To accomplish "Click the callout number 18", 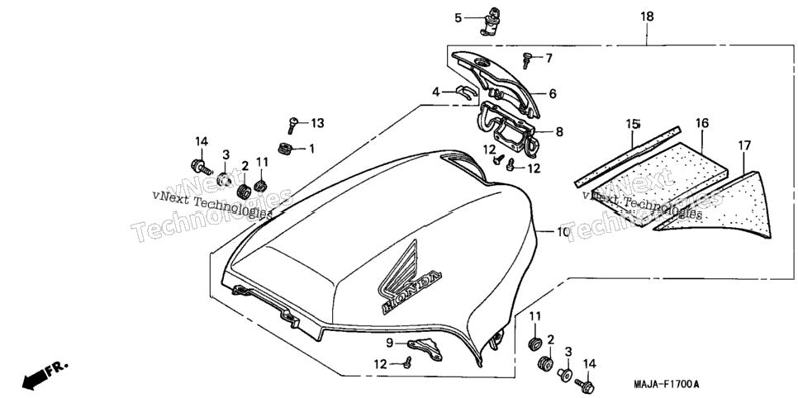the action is coord(647,17).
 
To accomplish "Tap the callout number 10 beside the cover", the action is coord(563,233).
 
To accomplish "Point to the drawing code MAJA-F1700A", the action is coord(666,383).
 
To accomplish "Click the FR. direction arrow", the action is coord(45,375).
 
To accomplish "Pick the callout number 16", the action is coord(702,123).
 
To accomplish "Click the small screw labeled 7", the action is coord(527,59).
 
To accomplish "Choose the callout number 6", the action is coord(553,93).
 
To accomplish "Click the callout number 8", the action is coord(560,132).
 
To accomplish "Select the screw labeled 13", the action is coord(292,125).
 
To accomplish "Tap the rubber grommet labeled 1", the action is coord(285,149).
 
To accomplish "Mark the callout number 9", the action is coord(390,343).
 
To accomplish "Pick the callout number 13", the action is coord(317,123).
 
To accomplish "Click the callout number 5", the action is coord(458,18).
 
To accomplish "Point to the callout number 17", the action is coord(744,146).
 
